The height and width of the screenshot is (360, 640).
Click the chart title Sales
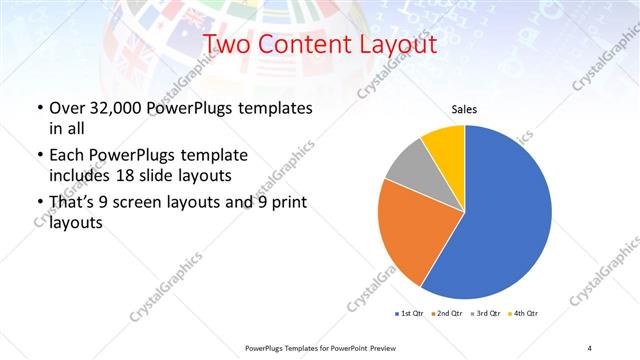click(x=464, y=109)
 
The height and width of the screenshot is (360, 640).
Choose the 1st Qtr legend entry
click(x=410, y=314)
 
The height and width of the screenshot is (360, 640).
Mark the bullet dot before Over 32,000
click(x=39, y=108)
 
